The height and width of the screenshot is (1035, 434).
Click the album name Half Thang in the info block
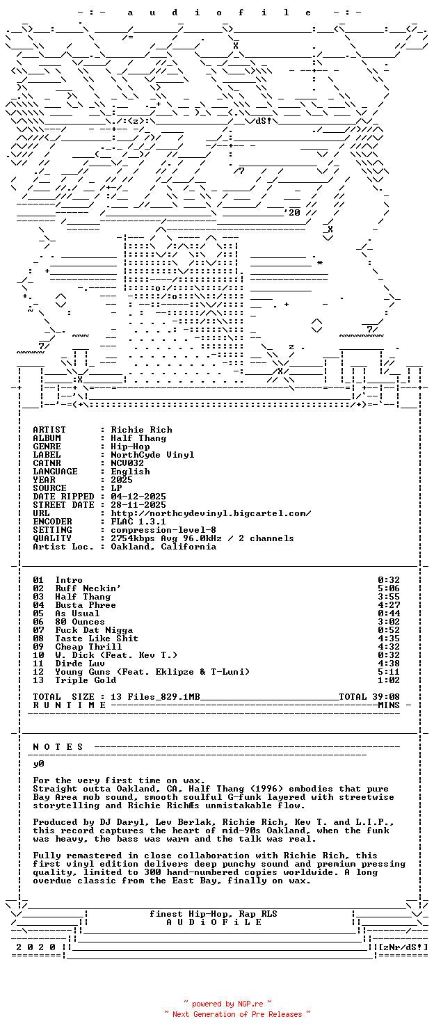(138, 438)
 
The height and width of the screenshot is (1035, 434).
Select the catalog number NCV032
(127, 463)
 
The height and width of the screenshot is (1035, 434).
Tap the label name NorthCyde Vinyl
(152, 455)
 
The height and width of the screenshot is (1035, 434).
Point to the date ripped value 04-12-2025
(138, 497)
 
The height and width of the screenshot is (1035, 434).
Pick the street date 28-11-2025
(138, 505)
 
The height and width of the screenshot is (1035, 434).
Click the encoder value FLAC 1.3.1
(138, 522)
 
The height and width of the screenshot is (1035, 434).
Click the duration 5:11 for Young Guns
(389, 672)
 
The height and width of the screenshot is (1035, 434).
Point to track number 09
(38, 647)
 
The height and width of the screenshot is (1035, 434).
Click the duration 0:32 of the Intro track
(389, 580)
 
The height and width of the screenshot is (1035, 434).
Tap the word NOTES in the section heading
(58, 747)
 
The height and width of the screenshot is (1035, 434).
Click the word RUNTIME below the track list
(69, 705)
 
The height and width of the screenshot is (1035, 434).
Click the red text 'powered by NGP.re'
(227, 1004)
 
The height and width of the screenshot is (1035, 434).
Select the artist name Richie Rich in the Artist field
(141, 430)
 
